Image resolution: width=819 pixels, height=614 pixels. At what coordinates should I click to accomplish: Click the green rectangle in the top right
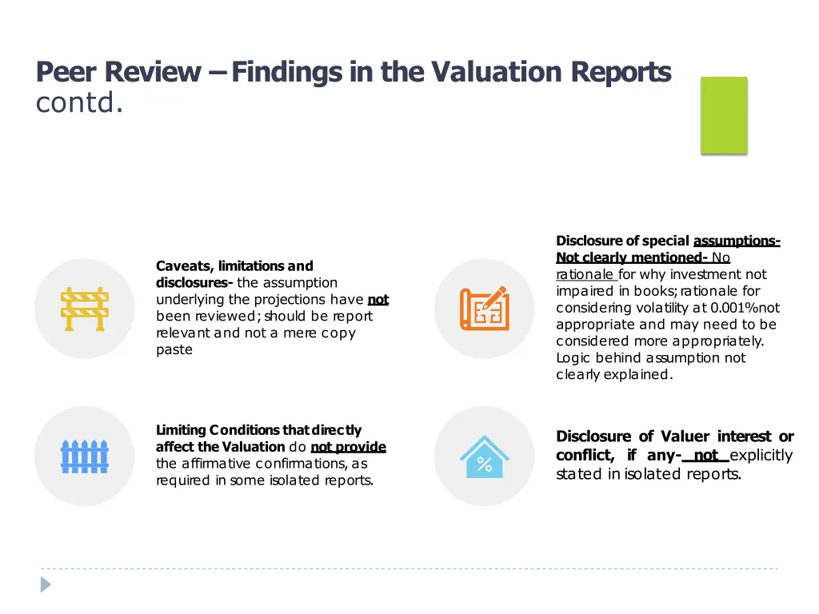724,115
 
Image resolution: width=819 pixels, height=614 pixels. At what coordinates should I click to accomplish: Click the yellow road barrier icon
84,309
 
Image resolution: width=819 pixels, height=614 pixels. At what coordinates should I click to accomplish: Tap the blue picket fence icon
84,457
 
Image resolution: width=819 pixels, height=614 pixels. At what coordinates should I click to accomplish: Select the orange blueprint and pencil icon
484,309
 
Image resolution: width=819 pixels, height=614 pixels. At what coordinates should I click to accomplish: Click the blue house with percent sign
484,457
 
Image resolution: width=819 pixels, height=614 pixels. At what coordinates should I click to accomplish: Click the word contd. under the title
79,104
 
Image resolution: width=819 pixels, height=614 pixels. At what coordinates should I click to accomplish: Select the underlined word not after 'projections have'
378,300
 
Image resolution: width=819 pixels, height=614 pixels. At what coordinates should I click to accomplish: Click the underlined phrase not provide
348,447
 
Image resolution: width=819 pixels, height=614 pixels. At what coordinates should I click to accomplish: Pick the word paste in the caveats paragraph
174,350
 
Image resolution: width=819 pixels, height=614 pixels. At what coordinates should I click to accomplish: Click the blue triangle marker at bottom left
46,584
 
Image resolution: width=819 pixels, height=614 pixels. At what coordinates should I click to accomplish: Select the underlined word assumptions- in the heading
737,241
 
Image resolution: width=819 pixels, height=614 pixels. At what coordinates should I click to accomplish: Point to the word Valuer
685,437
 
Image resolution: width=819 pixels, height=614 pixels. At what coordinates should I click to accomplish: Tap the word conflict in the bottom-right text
584,456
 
